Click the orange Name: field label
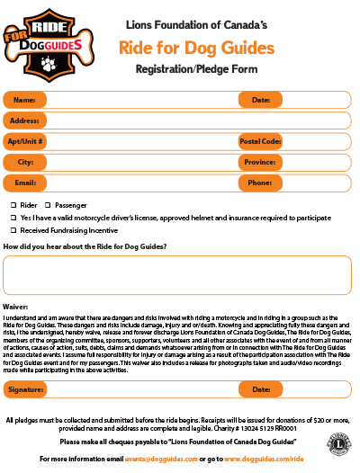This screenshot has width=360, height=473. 25,100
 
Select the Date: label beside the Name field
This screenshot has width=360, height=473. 261,100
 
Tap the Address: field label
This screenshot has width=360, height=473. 25,120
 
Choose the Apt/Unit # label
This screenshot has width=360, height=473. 25,141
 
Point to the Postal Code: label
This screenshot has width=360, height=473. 261,141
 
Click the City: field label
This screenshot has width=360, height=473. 25,162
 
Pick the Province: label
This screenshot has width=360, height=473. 261,162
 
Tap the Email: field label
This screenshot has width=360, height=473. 25,183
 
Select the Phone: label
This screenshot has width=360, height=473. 261,183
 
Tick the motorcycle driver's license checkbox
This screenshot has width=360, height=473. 13,218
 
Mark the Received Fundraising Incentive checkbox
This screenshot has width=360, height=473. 13,230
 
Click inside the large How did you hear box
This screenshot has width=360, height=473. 180,275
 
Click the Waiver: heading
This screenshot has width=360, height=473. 17,308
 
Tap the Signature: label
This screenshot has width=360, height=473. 25,389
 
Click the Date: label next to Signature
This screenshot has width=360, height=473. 261,389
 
